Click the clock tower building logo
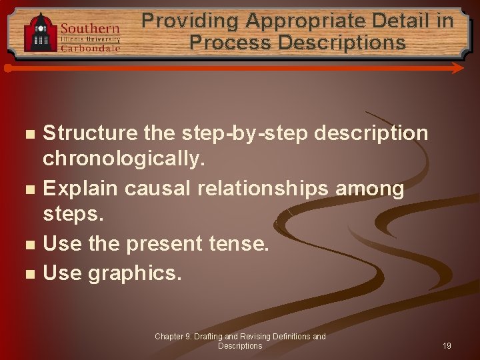(41, 31)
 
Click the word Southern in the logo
(90, 29)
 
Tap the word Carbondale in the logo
(90, 48)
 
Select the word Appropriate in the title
(309, 21)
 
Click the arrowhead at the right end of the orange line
(458, 68)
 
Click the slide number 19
(447, 346)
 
